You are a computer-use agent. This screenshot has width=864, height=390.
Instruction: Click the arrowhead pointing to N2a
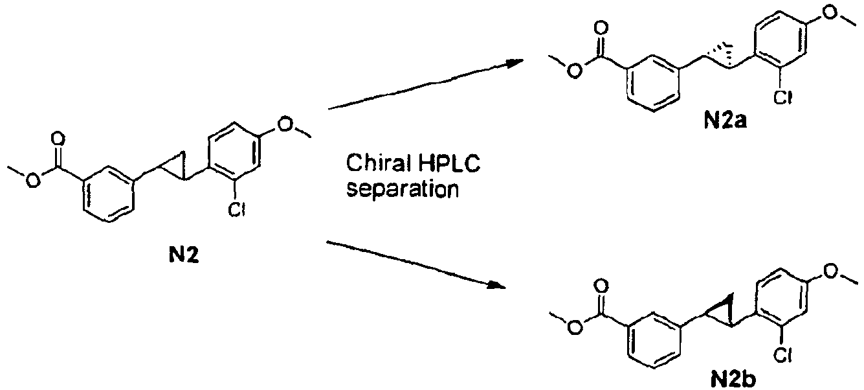514,62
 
